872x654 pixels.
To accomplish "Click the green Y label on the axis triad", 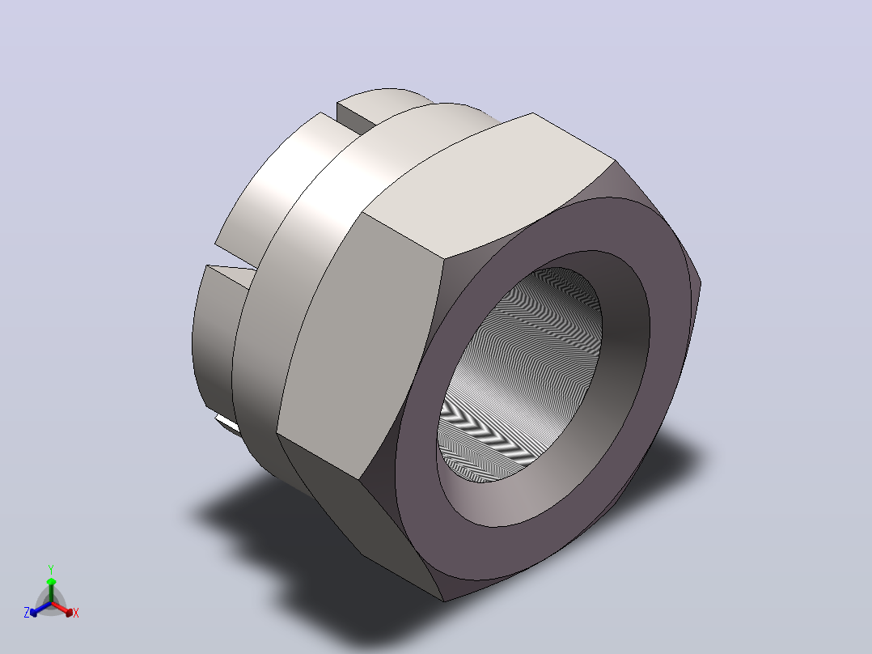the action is pyautogui.click(x=51, y=570).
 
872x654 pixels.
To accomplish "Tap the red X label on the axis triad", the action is pyautogui.click(x=76, y=613).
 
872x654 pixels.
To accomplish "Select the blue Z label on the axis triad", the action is pyautogui.click(x=27, y=612).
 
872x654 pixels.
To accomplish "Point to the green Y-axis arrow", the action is pyautogui.click(x=51, y=590).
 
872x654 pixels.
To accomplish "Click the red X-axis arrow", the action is pyautogui.click(x=62, y=609).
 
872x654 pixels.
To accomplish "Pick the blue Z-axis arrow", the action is pyautogui.click(x=40, y=609).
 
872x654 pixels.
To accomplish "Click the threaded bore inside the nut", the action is pyautogui.click(x=520, y=374).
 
